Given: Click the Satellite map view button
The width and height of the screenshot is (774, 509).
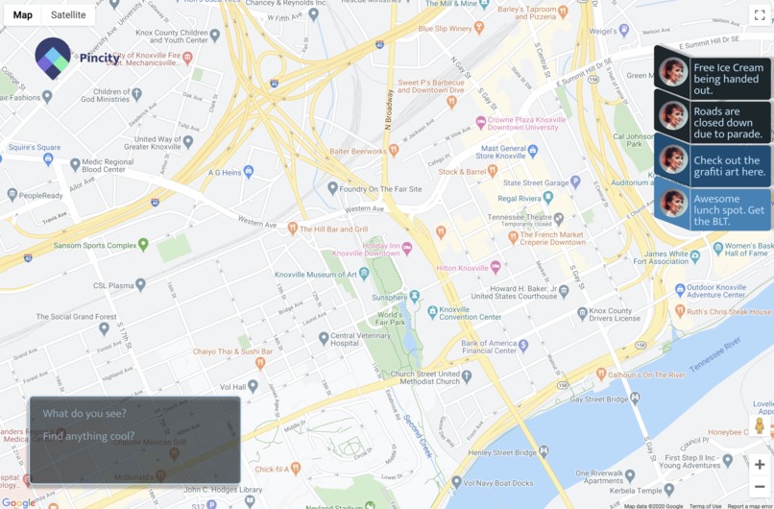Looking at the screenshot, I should pyautogui.click(x=68, y=14).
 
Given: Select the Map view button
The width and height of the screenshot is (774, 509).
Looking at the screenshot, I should pyautogui.click(x=22, y=14).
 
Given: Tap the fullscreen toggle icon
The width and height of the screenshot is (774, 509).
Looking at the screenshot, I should pyautogui.click(x=759, y=15).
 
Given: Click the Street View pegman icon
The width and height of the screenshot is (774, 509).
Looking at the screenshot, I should pyautogui.click(x=760, y=425).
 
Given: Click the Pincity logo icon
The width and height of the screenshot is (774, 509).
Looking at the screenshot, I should pyautogui.click(x=53, y=57).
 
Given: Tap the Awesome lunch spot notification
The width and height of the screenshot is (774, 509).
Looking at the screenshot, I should pyautogui.click(x=714, y=209).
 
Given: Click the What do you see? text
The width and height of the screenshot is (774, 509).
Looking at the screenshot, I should pyautogui.click(x=85, y=414).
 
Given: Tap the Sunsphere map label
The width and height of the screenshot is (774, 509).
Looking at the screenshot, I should pyautogui.click(x=389, y=298).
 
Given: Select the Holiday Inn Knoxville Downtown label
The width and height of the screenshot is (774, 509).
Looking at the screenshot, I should pyautogui.click(x=386, y=249).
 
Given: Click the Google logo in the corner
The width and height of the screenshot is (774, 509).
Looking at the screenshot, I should pyautogui.click(x=16, y=502).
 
